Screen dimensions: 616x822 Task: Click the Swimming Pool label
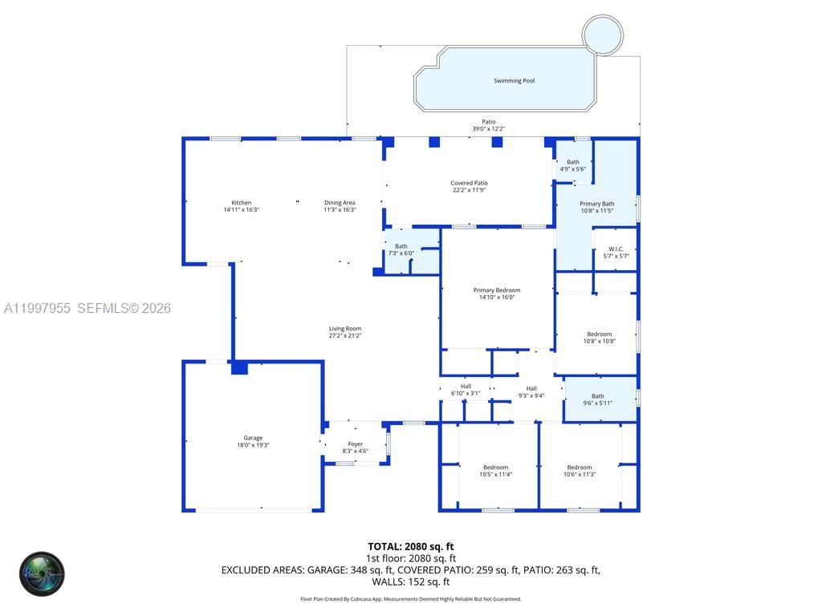coord(514,81)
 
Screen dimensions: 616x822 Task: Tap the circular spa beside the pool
coord(602,34)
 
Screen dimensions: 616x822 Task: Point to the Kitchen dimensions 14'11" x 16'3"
coord(241,209)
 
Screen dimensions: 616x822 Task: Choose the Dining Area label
coord(340,203)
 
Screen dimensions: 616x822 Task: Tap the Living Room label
coord(345,329)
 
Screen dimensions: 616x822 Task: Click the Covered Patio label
coord(469,183)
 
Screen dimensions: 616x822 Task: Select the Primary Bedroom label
coord(496,290)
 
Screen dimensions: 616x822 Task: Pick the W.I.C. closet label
coord(616,249)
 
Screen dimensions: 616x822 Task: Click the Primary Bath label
coord(596,204)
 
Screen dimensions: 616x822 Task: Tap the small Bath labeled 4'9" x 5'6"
coord(572,165)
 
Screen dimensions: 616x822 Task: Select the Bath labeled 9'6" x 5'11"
coord(598,399)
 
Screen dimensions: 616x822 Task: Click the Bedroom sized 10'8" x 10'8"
coord(599,337)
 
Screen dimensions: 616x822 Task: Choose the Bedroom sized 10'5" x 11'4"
coord(495,471)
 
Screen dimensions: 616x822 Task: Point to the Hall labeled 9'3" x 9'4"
coord(531,391)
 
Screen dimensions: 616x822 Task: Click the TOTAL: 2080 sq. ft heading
coord(411,546)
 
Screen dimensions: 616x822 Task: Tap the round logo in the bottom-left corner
coord(42,573)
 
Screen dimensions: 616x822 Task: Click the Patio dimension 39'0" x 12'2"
coord(488,129)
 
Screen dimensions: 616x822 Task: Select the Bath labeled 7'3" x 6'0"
coord(401,249)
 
